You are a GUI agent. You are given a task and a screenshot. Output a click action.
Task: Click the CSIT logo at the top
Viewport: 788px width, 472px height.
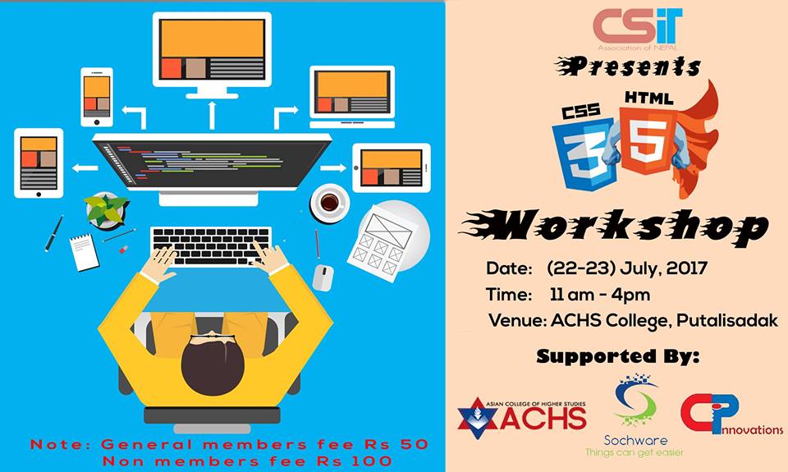pos(637,29)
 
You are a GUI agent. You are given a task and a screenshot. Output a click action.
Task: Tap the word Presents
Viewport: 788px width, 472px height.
pos(628,66)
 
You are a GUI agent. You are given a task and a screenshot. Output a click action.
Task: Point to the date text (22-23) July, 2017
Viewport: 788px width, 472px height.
pos(626,268)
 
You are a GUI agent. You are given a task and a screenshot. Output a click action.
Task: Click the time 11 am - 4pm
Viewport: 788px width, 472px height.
pos(599,295)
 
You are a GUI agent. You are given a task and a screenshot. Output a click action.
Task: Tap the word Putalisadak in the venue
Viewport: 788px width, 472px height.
pos(726,321)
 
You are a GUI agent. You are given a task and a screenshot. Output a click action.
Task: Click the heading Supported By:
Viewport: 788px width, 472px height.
pos(617,356)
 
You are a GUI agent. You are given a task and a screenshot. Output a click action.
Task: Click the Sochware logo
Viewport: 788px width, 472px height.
pos(635,415)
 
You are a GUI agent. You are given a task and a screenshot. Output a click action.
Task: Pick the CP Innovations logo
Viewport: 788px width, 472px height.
pos(731,415)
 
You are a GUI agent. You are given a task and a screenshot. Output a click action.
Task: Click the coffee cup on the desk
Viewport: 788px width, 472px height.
pos(330,203)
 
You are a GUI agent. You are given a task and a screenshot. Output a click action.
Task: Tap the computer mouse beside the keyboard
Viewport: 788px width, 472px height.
pos(323,277)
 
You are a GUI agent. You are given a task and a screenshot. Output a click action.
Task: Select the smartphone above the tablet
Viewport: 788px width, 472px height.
pos(97,97)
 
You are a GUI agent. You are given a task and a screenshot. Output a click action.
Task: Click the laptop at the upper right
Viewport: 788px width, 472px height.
pos(352,97)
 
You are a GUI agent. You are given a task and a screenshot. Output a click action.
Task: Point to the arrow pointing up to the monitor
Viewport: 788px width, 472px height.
pos(212,115)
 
